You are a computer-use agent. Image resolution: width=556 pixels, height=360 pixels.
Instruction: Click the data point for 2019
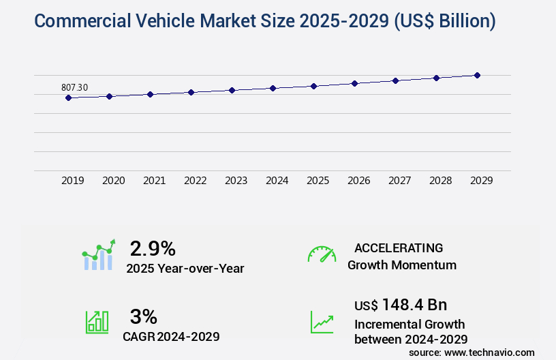point(68,97)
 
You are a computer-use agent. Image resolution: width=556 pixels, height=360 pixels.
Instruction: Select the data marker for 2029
point(477,75)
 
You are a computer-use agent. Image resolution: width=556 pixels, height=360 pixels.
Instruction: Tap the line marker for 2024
point(273,88)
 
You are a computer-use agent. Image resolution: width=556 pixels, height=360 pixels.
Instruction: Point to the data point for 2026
point(354,83)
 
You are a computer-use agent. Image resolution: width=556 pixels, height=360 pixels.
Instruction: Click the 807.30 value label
point(74,87)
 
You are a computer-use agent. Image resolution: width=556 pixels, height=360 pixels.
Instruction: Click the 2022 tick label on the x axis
point(195,181)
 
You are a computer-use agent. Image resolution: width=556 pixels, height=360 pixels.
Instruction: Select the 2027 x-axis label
point(399,181)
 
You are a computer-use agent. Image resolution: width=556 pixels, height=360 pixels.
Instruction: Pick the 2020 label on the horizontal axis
point(113,181)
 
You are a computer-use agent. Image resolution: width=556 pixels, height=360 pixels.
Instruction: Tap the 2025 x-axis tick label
point(318,181)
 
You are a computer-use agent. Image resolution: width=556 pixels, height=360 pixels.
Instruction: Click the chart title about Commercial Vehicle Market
point(264,21)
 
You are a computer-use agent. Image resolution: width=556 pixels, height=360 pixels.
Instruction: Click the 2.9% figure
point(153,247)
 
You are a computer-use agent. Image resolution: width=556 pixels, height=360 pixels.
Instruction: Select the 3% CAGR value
point(143,316)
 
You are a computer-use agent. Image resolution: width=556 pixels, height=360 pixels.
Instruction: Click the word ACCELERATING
point(399,247)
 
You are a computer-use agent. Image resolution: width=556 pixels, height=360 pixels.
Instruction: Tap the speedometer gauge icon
point(322,254)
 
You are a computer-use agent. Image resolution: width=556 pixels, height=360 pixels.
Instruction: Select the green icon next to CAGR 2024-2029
point(96,322)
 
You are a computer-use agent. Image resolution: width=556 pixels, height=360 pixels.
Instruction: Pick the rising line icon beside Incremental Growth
point(322,322)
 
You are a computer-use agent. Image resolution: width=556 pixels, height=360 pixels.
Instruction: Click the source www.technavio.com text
point(472,352)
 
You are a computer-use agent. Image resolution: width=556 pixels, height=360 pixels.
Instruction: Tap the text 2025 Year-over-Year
point(185,269)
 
